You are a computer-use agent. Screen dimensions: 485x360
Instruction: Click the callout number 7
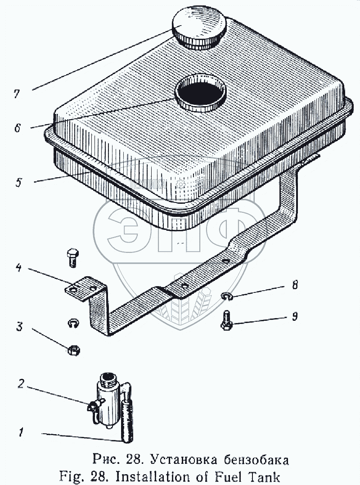tap(17, 94)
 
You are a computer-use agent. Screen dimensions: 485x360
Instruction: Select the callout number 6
tap(17, 128)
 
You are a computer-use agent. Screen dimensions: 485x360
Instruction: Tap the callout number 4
tap(18, 269)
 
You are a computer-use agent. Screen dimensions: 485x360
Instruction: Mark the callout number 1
tap(21, 433)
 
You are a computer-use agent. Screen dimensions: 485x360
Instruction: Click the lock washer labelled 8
tap(227, 296)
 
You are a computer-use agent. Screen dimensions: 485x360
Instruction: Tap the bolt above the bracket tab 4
tap(72, 257)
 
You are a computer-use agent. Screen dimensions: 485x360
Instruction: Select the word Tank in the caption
tap(263, 475)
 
